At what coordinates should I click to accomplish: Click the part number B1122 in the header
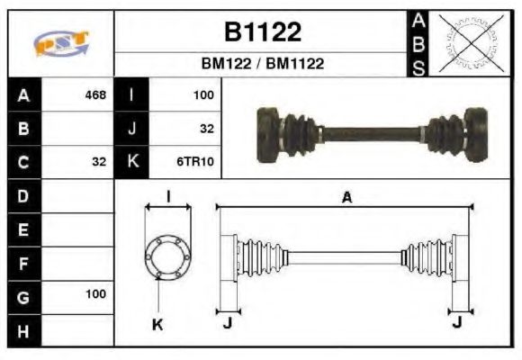click(262, 32)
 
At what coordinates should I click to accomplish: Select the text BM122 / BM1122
click(262, 64)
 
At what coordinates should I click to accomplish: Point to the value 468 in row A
click(94, 94)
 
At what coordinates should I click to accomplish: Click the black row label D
click(23, 194)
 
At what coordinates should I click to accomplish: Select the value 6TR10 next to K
click(195, 162)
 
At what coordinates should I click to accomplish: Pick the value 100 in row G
click(94, 294)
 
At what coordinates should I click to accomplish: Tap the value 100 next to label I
click(202, 94)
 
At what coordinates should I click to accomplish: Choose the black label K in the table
click(132, 162)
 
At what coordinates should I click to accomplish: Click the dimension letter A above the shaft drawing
click(346, 197)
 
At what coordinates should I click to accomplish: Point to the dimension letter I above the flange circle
click(168, 197)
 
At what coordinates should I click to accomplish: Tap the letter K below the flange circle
click(159, 324)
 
